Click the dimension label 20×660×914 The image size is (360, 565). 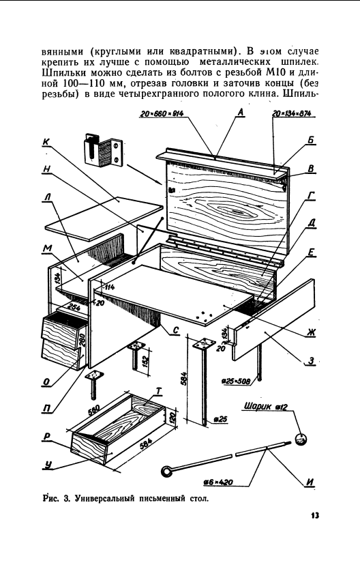coord(162,114)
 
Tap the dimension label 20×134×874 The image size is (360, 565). coord(292,113)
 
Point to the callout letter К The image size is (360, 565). coord(46,142)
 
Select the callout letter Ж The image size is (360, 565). coord(311,332)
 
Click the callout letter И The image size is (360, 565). coord(310,482)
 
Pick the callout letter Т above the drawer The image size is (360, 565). coord(159,391)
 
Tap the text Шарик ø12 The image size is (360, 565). coord(266,406)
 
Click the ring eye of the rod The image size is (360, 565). coord(166,471)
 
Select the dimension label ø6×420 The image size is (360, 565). coord(217,482)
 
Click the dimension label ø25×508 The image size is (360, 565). coord(236,381)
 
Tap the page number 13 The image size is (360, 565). coord(315,516)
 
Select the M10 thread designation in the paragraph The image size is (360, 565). coord(277,72)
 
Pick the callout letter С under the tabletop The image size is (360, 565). coord(175,331)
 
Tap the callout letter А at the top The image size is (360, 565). coord(241,112)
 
